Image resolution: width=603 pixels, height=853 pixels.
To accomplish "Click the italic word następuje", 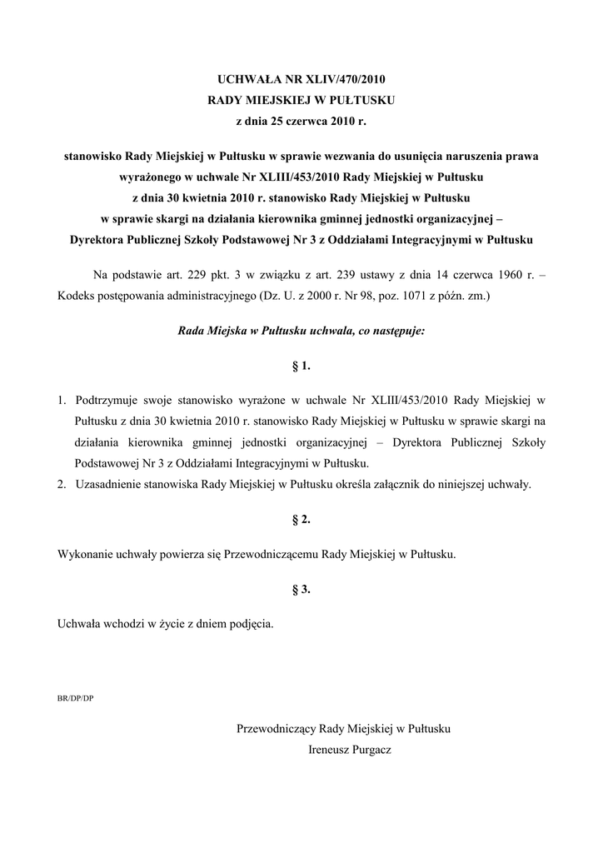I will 396,331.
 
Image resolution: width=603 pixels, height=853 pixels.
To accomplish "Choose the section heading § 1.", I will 301,366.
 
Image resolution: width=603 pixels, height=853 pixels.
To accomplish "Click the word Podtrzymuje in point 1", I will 102,400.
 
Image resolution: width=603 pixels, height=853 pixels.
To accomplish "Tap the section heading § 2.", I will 301,519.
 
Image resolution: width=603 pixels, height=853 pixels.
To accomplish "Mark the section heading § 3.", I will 301,589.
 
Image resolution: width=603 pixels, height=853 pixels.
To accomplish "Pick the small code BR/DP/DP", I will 75,698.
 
